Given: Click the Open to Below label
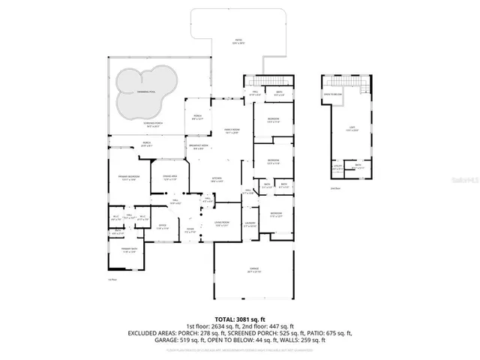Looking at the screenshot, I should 333,94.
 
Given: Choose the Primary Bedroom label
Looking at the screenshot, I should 127,178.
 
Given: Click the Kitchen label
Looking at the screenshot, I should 216,179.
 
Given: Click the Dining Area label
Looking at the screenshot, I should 169,178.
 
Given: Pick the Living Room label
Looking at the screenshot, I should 221,223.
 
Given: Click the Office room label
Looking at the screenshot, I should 162,226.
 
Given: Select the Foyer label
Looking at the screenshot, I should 190,230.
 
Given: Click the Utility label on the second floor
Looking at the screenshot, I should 337,167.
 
